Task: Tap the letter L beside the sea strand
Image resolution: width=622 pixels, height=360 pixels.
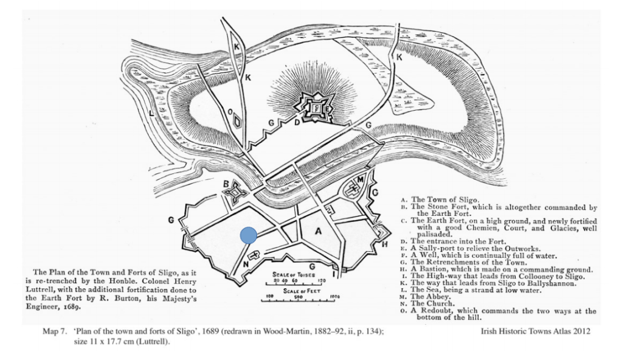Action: point(151,113)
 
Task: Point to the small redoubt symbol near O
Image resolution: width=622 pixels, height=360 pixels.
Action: point(238,121)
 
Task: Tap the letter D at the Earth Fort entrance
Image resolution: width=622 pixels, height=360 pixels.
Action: point(296,122)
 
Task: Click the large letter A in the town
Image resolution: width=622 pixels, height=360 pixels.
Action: point(317,231)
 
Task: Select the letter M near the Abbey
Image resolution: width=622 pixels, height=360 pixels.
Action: point(360,179)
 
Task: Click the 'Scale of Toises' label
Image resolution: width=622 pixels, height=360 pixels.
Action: point(291,274)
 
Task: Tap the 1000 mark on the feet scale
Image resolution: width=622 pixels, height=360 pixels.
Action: point(334,297)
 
